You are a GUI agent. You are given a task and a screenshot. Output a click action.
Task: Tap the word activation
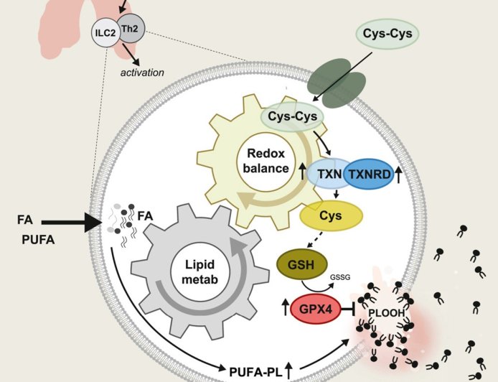click(142, 73)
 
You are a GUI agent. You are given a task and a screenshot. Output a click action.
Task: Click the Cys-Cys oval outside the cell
click(388, 33)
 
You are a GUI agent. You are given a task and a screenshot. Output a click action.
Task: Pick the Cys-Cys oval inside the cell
click(292, 116)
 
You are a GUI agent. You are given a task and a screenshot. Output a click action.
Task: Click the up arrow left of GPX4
click(285, 307)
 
